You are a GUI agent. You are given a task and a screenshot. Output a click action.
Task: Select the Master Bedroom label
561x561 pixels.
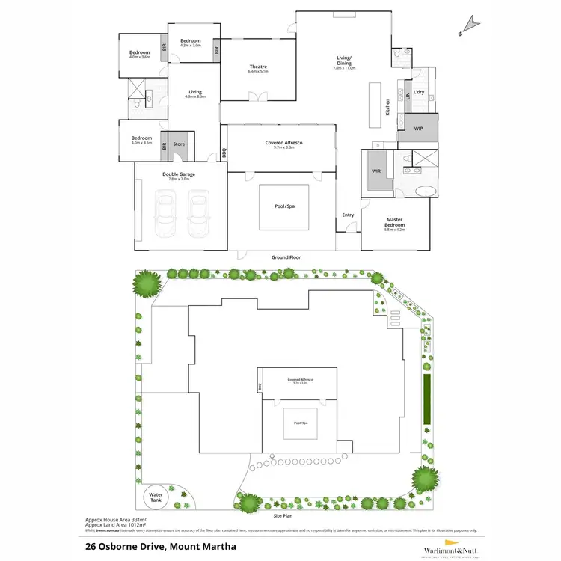394,223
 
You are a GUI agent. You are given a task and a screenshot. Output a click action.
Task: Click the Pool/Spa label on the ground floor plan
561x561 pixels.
284,207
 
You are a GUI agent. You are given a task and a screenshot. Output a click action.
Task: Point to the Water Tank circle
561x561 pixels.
157,498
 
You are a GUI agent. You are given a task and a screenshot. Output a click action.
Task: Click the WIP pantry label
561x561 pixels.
419,129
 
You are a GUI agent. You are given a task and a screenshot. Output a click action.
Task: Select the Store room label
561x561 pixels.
179,144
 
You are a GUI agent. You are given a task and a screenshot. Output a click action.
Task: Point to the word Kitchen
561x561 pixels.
387,107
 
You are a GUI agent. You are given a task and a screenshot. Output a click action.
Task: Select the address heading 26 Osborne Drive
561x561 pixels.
161,546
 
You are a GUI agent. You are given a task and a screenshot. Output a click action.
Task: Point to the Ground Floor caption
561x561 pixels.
286,257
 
